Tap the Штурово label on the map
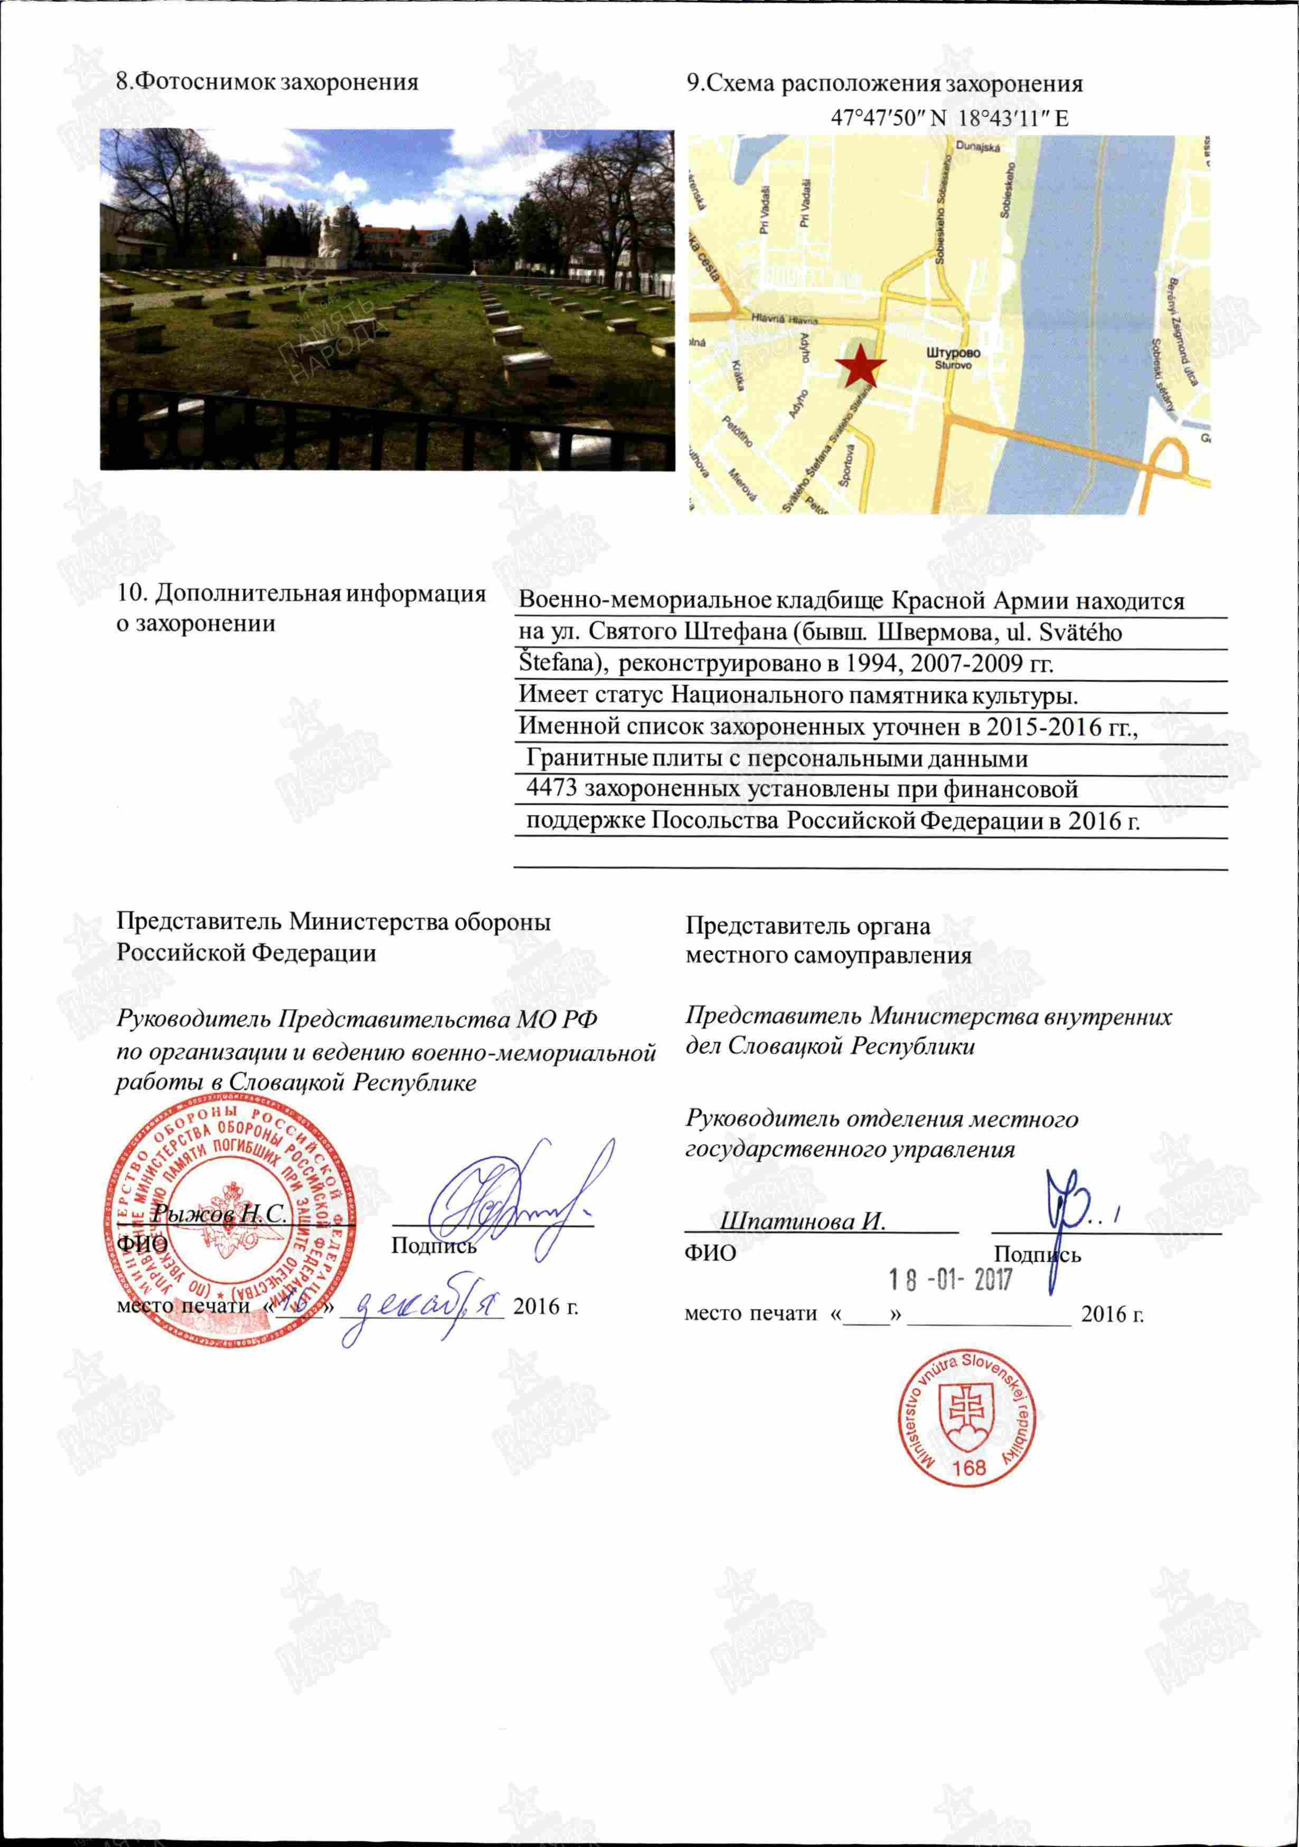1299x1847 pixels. coord(954,353)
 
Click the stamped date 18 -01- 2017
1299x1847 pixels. coord(950,1279)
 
